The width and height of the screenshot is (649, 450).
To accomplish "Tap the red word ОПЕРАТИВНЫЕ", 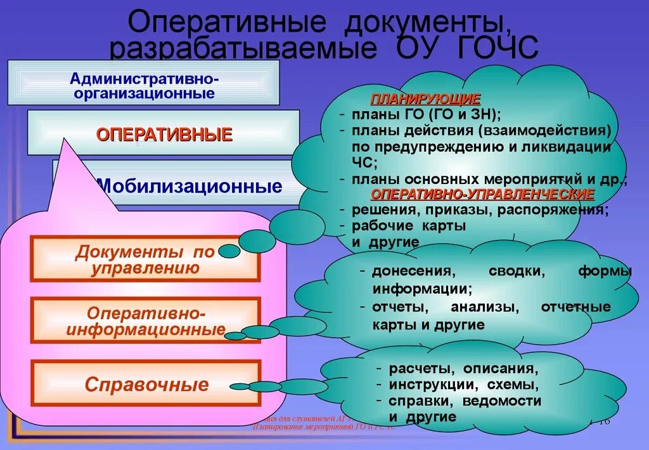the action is coord(164,135).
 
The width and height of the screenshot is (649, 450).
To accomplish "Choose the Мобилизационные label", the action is coord(188,187).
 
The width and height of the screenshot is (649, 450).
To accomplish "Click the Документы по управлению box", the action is coord(145,260).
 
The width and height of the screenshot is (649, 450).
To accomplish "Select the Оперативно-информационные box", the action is coord(145,321).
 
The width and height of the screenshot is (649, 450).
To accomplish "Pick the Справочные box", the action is coord(146,384).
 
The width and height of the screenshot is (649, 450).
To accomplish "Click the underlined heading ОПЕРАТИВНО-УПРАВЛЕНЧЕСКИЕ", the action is coord(482,194).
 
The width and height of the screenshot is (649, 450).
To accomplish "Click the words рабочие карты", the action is coord(409,225).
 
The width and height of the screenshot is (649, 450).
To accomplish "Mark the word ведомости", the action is coord(502,400).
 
